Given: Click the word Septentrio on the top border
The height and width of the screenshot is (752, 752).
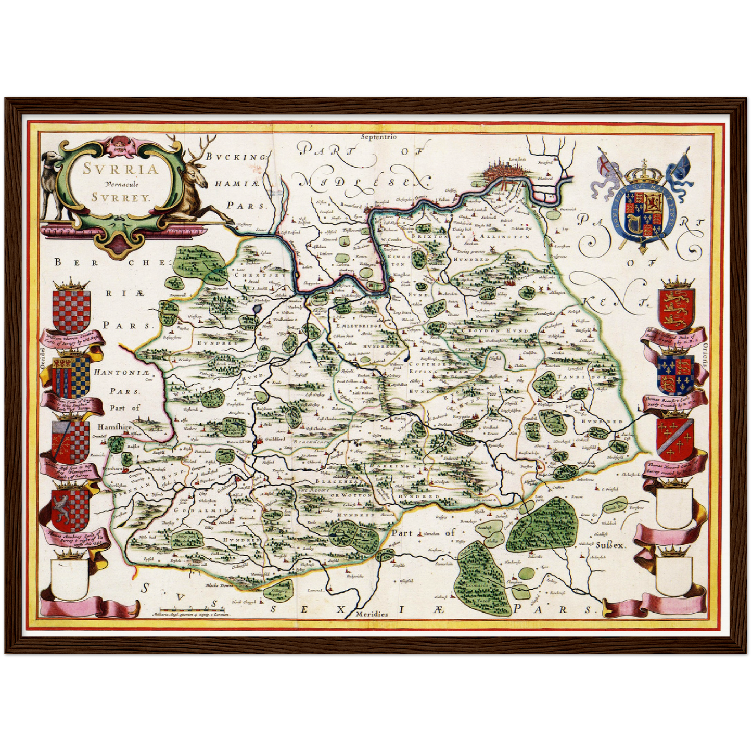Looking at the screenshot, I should click(x=377, y=137).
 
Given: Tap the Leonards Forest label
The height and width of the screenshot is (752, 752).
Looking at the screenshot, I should click(x=477, y=585).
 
